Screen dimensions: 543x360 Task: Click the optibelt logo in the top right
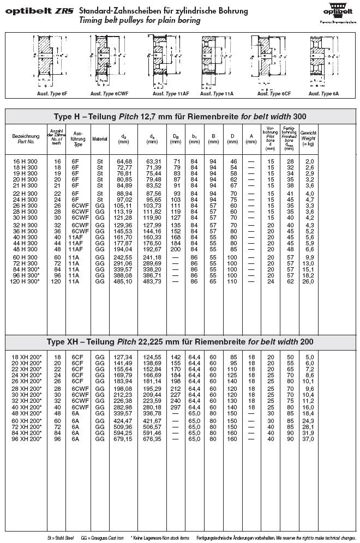coord(338,13)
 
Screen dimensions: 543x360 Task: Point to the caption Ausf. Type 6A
coord(323,94)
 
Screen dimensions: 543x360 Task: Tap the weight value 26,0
coord(309,281)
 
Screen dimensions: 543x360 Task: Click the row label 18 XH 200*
coord(26,357)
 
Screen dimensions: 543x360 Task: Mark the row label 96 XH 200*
coord(26,438)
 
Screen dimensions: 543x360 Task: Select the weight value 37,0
coord(309,438)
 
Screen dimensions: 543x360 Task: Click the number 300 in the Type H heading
coord(299,117)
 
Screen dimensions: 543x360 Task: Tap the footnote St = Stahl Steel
coord(61,537)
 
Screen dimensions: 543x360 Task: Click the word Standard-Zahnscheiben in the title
coord(115,11)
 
